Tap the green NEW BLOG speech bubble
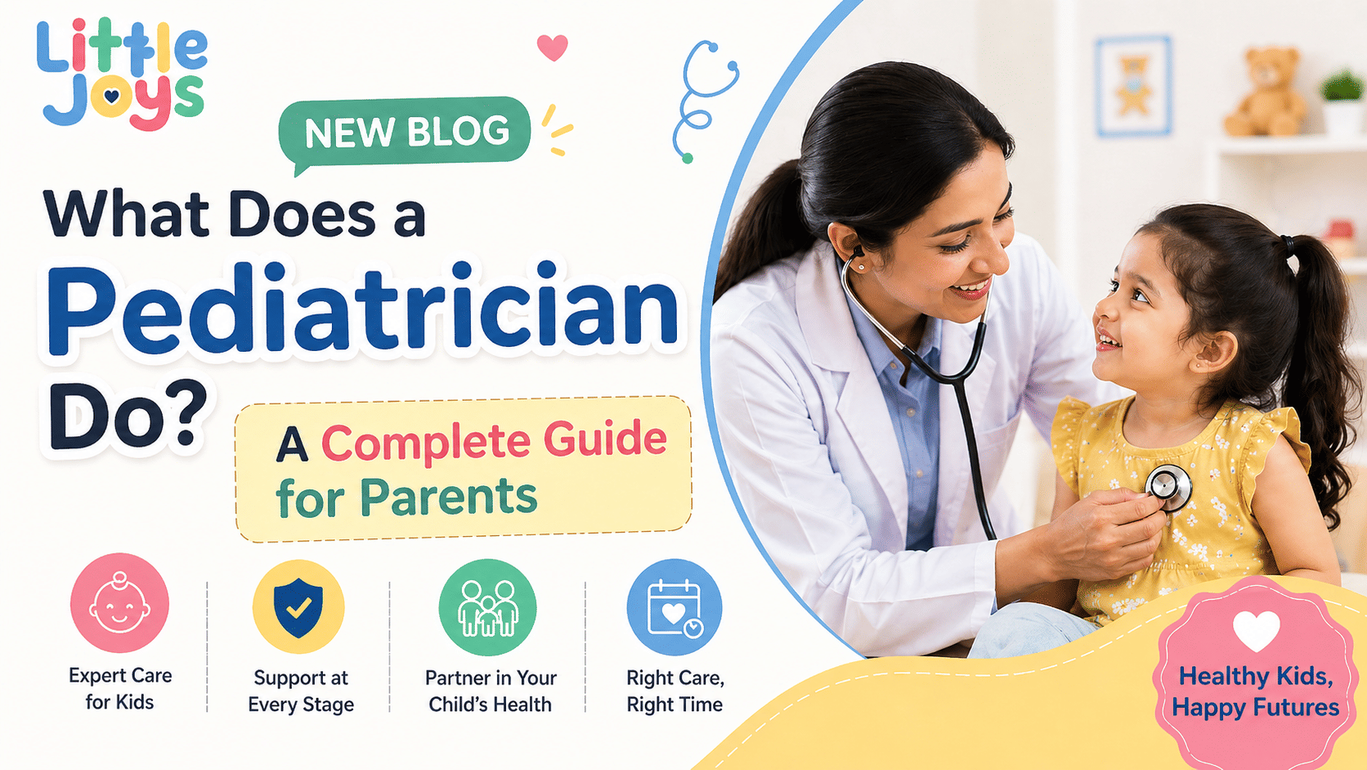[406, 131]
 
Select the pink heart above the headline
[553, 47]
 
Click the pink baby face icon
[119, 603]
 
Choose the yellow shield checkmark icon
[298, 606]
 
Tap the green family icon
[488, 608]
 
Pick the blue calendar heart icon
[674, 607]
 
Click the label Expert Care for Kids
[120, 688]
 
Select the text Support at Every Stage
[301, 691]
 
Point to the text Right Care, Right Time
[675, 691]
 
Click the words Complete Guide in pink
[494, 441]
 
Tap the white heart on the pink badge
[1256, 631]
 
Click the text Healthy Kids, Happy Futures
[1256, 691]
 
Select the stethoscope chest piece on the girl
[1168, 487]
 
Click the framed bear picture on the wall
[1133, 85]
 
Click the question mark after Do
[179, 413]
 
